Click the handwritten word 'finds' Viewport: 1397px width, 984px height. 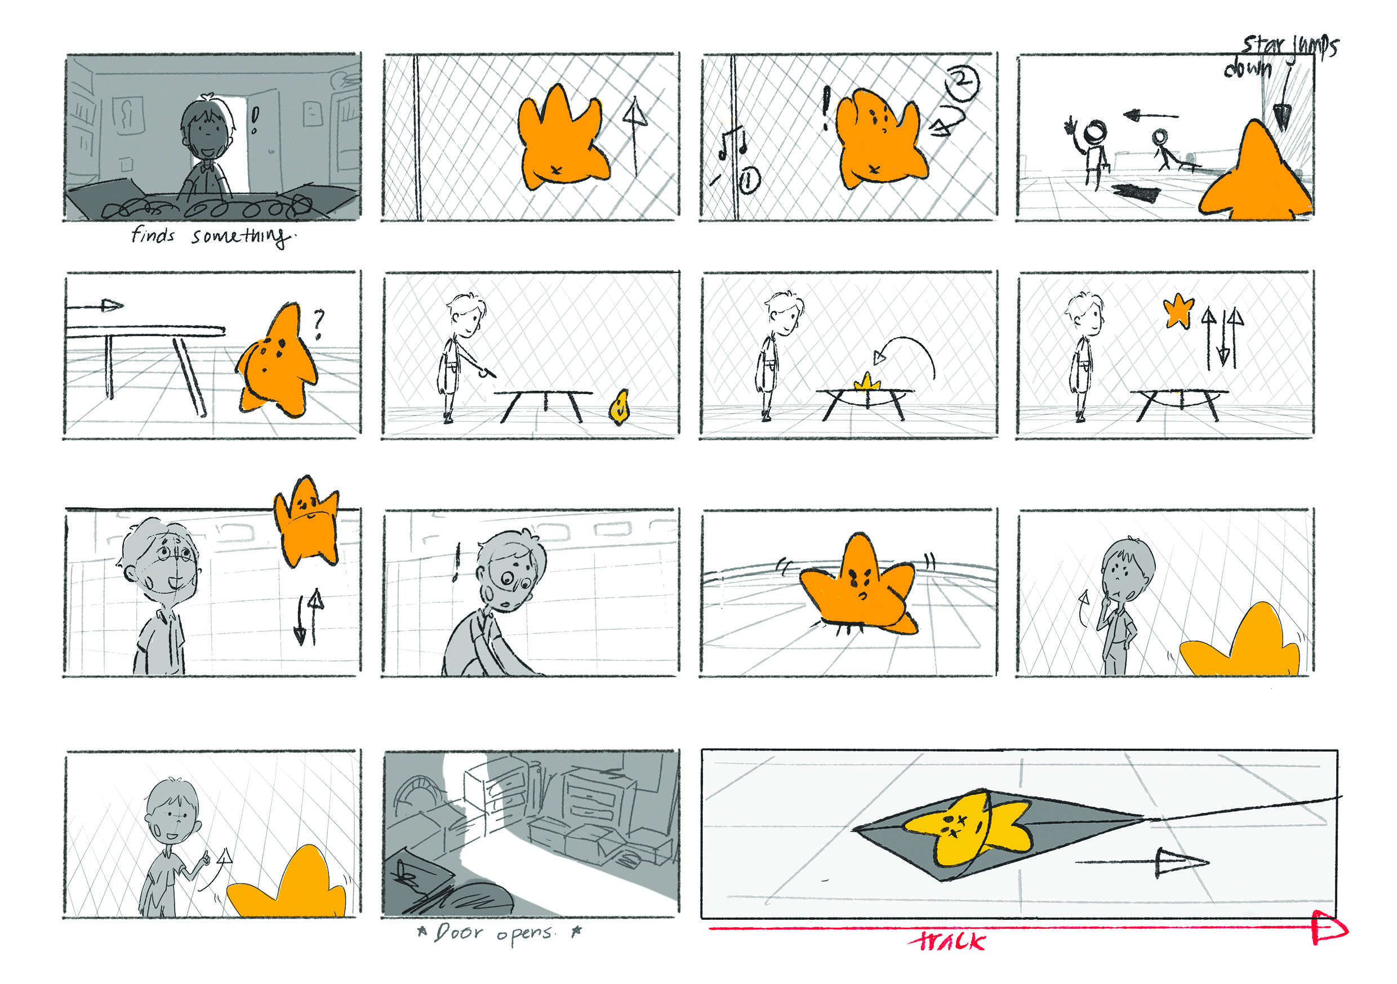pos(153,235)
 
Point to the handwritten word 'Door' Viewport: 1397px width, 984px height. pos(460,932)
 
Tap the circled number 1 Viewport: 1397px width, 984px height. pos(749,181)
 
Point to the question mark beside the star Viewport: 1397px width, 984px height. pos(318,324)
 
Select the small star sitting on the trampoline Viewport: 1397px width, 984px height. pos(867,383)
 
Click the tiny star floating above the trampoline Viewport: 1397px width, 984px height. pos(1178,311)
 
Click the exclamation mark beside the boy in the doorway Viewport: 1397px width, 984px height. pos(255,120)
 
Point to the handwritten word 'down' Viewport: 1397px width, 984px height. pos(1248,68)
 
